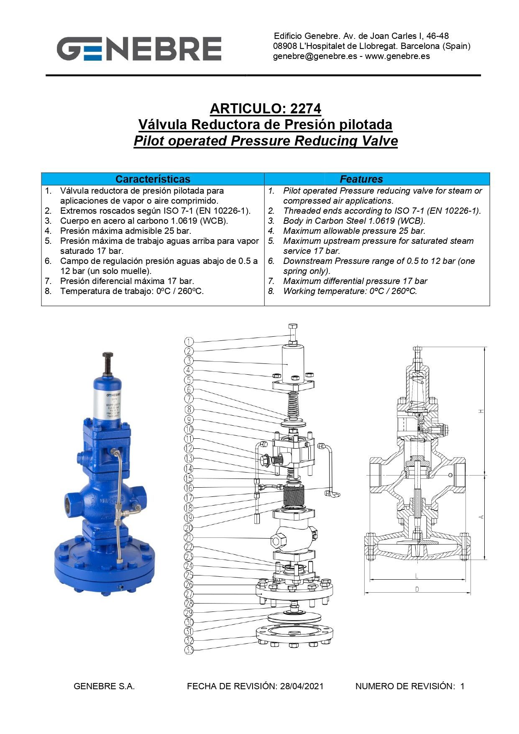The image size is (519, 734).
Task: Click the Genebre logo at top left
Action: click(x=139, y=49)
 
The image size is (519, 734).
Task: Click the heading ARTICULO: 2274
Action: click(x=265, y=109)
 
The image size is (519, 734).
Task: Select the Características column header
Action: click(x=153, y=179)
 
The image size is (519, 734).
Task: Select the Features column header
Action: click(x=361, y=179)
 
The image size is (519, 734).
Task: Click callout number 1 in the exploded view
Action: click(x=189, y=342)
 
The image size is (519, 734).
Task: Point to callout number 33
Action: click(x=189, y=650)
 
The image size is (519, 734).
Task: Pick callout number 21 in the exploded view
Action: click(x=189, y=537)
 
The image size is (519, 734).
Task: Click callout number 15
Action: click(x=189, y=478)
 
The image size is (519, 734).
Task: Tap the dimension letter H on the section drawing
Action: click(x=481, y=411)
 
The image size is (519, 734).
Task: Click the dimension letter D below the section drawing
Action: click(x=417, y=589)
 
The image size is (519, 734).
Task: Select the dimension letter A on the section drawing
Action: click(x=481, y=517)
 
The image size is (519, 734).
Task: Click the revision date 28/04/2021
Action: click(x=302, y=686)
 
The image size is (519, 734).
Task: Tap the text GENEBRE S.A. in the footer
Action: click(x=104, y=686)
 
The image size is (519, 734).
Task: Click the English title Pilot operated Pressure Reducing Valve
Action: click(x=265, y=141)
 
